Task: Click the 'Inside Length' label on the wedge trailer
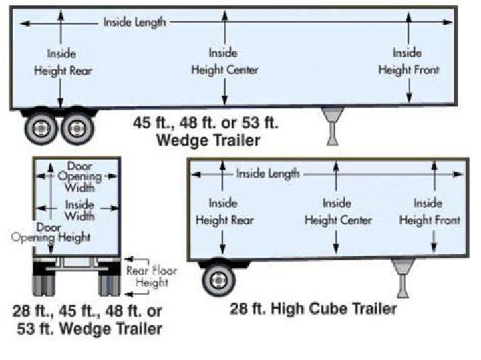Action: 134,23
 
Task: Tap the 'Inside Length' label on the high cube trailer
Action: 268,174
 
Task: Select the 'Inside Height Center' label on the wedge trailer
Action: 224,61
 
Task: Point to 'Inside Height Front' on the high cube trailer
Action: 429,212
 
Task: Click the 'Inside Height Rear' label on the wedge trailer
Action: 63,63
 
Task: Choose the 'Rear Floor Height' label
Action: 152,277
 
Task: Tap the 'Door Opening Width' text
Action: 79,176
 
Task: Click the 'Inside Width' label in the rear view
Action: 79,210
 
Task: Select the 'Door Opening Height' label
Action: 51,232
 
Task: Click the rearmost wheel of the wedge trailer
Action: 41,128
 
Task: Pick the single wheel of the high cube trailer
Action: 218,280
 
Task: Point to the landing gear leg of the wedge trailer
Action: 333,126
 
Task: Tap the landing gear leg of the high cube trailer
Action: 403,278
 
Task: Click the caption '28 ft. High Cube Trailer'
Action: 313,309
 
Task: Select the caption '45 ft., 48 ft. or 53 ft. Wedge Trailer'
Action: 206,132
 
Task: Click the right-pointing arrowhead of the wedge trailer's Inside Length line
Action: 448,23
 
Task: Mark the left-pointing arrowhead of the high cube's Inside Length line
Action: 196,174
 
